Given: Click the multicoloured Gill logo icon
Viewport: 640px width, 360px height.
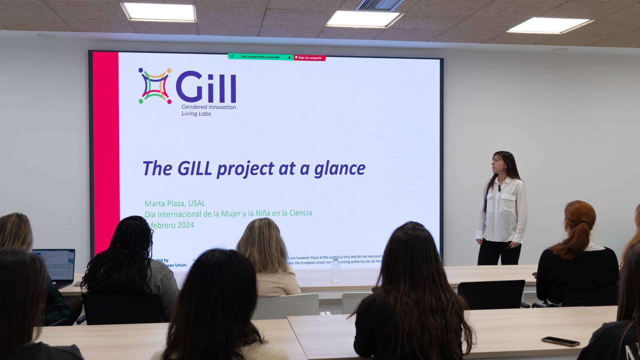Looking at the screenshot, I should click(x=155, y=86).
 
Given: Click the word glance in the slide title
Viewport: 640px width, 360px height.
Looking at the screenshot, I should click(x=339, y=169).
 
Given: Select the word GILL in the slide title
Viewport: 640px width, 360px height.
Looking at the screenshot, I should click(x=194, y=168).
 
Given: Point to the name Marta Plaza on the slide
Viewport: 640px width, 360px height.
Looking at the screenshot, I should click(x=164, y=204).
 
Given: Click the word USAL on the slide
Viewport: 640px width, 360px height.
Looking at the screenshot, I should click(x=197, y=203).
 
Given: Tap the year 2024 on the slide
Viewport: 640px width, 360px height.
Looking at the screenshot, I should click(x=186, y=225).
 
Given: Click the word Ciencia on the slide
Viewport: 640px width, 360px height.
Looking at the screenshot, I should click(x=301, y=213).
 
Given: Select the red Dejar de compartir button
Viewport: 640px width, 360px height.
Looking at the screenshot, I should click(x=310, y=58).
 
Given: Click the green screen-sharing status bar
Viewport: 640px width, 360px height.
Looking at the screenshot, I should click(x=260, y=57).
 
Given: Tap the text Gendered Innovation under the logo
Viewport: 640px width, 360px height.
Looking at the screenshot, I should click(x=209, y=107).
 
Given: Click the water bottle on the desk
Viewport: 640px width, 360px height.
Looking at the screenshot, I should click(x=335, y=271).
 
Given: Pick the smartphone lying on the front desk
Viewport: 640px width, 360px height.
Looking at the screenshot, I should click(x=560, y=341).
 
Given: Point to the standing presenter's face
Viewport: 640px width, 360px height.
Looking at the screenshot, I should click(x=499, y=163).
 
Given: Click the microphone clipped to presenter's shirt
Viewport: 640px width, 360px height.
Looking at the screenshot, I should click(x=499, y=187).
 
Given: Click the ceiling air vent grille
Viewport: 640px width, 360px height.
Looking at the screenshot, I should click(x=379, y=5).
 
